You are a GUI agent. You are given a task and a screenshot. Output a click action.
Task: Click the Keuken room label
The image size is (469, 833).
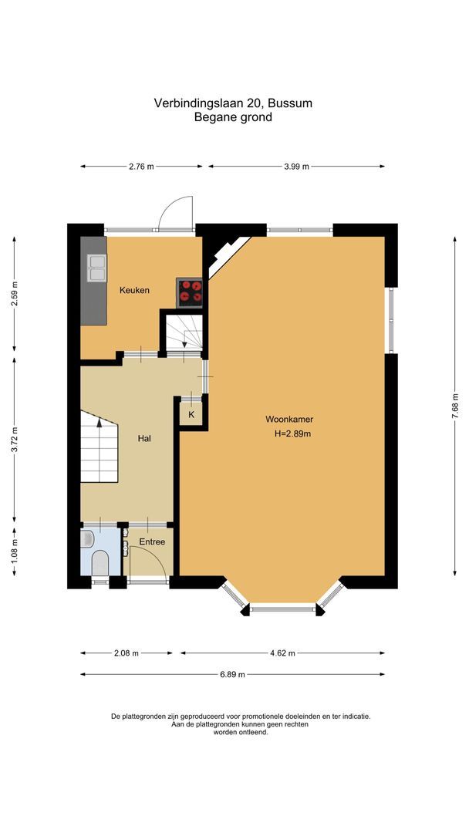tap(134, 290)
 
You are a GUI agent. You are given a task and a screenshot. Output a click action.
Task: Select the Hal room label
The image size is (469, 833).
tap(143, 438)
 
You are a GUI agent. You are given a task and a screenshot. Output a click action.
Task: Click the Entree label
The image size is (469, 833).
tap(152, 542)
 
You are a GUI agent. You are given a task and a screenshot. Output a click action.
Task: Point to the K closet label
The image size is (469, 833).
tap(191, 415)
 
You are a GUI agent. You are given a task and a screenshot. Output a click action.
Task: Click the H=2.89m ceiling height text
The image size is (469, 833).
tap(292, 433)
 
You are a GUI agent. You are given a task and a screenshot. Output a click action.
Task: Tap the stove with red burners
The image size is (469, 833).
tap(191, 291)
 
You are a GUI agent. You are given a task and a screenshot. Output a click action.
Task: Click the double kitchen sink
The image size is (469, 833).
tap(97, 266)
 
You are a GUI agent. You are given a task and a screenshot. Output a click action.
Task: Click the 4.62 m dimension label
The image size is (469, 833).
tap(282, 653)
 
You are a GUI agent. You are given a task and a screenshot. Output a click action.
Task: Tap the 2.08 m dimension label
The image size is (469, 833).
tap(125, 653)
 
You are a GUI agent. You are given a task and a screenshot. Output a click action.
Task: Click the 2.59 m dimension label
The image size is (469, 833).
tap(15, 293)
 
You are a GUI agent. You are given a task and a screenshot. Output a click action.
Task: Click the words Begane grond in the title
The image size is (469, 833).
tap(234, 117)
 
